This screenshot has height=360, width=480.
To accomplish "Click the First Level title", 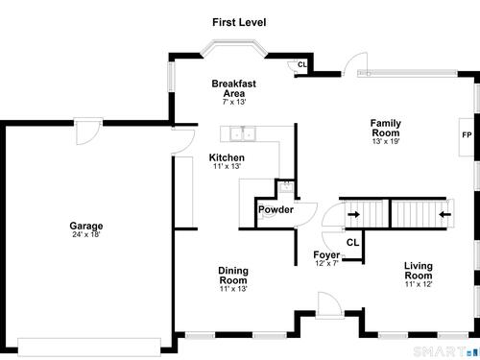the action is coord(239,22).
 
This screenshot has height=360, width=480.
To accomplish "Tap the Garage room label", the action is coord(86,226).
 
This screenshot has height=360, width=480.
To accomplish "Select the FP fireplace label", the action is coord(467,135).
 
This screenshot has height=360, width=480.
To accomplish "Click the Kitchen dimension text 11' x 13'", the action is coord(227,166).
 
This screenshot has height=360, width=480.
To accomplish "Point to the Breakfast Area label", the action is coord(234,88).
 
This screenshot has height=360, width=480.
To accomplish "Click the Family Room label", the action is coord(386,128).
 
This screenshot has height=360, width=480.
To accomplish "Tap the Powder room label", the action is coord(276,209).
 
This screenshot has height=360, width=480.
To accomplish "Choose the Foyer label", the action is coord(326,254).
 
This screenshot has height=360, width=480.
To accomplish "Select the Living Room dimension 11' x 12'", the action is coord(419,284).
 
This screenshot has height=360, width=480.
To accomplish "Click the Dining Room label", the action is coord(233,276).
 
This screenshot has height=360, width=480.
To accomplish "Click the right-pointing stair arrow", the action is coord(353,214).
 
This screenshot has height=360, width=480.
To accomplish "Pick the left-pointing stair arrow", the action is coord(444,214).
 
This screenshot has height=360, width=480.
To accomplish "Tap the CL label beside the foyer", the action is coord(352,243).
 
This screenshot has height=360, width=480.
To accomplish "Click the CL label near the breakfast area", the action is coord(302,64).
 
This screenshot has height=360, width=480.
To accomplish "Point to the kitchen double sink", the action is coord(243,133).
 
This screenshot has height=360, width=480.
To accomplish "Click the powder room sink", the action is coord(286,186).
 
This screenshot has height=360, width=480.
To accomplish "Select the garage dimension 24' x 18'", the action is coord(86,234).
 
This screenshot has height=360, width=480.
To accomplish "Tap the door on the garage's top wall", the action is coord(88,132).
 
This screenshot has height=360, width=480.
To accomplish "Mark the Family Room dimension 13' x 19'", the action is coord(386,141).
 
